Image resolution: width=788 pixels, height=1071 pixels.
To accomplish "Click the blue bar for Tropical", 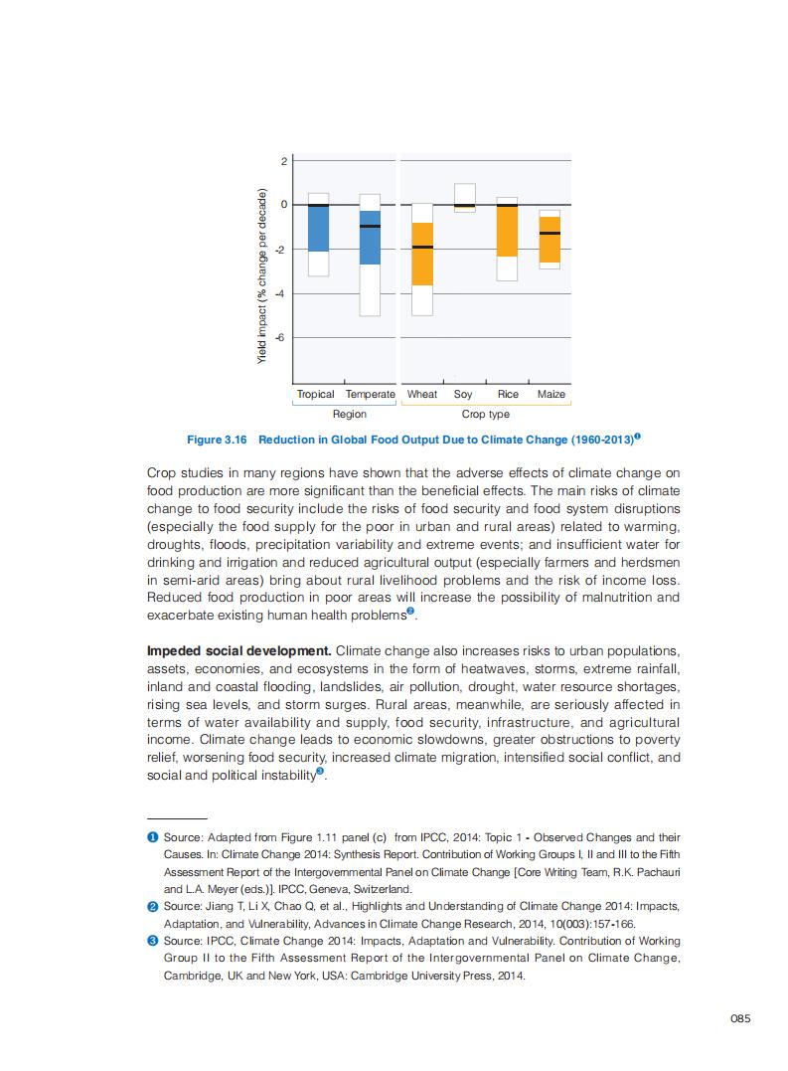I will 318,228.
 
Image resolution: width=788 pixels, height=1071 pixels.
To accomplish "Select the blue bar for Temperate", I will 370,238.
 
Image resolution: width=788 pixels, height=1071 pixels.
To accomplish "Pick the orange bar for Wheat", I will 422,254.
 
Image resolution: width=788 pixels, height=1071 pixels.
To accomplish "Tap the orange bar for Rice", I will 507,230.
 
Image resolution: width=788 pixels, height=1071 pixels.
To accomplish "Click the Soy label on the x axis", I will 463,395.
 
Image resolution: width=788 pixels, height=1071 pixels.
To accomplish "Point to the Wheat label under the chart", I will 422,395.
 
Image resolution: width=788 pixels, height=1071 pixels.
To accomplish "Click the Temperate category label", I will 370,395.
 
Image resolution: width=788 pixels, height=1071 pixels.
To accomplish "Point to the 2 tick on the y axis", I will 283,160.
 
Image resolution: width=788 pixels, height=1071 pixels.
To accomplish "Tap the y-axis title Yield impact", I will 263,275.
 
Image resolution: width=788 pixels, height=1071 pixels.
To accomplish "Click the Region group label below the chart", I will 349,414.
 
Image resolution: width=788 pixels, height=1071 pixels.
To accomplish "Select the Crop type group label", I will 486,414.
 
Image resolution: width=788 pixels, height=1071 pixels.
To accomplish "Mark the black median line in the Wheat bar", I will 422,247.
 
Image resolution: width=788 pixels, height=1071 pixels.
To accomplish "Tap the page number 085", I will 739,1017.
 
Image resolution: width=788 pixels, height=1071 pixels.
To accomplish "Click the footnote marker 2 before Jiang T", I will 152,906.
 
